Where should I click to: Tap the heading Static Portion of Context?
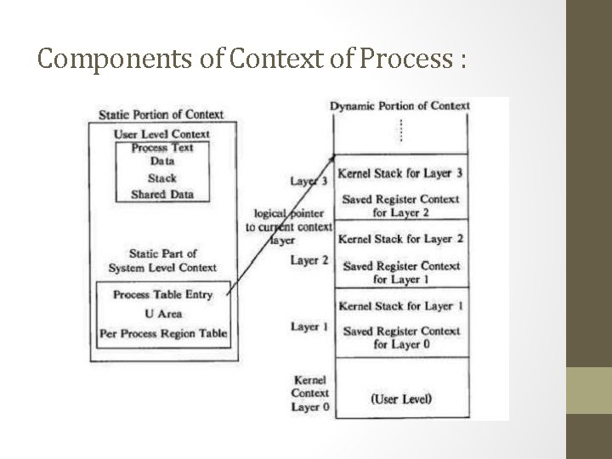pos(161,114)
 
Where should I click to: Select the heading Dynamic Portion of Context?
pos(399,105)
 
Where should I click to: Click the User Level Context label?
pos(161,133)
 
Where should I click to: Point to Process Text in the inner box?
pos(161,148)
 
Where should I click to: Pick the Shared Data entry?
pos(161,194)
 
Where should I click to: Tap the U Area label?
pos(163,314)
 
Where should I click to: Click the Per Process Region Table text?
pos(163,333)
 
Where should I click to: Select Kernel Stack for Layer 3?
pos(400,173)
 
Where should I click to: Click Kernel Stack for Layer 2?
pos(400,239)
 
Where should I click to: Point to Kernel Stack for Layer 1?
pos(400,305)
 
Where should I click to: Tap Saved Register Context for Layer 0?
pos(400,337)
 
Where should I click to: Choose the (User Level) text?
pos(400,399)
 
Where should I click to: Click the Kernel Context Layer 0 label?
pos(309,393)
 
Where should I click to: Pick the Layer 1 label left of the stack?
pos(309,326)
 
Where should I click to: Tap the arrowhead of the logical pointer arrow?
pos(332,157)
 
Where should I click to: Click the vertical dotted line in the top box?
pos(400,130)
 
